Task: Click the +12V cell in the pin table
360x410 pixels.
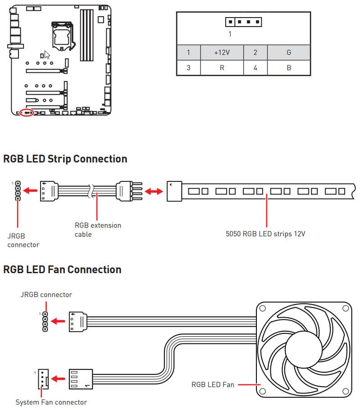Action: coord(222,52)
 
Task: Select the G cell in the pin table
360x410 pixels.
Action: coord(288,52)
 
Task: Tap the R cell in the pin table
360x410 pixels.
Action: coord(222,68)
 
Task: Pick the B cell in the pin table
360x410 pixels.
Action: coord(288,68)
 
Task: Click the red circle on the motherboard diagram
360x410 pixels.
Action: coord(27,112)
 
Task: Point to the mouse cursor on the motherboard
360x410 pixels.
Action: coord(47,54)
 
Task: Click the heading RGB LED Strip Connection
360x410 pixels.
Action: coord(65,159)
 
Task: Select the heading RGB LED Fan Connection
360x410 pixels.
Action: coord(62,270)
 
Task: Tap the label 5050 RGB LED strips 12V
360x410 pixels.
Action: coord(265,234)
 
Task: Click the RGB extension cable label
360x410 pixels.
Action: coord(98,230)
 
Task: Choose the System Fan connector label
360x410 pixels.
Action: coord(51,402)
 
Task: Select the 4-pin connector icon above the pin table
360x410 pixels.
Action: coord(243,22)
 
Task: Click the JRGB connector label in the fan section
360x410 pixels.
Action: coord(46,295)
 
